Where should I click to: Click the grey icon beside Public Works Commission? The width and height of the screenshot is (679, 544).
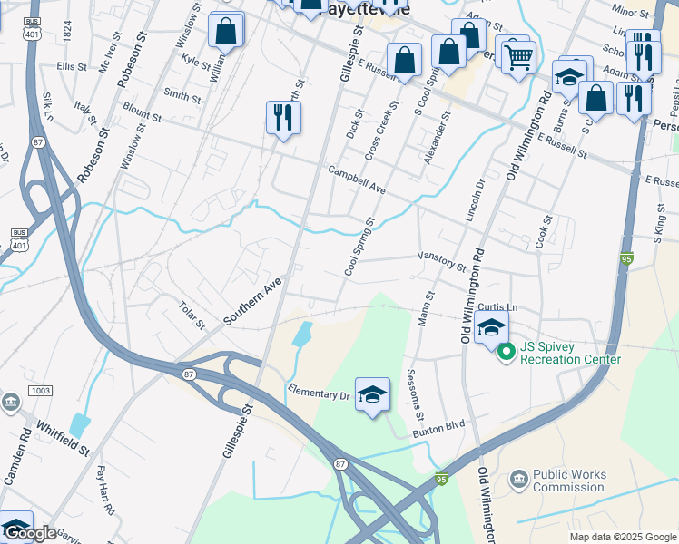pos(518,479)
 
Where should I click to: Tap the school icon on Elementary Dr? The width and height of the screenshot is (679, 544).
pos(372,394)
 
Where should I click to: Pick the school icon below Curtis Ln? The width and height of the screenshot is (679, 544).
pos(491,327)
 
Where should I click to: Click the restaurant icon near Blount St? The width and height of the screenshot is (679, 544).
pos(283,117)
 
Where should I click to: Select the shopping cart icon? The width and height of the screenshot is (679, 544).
pos(517,56)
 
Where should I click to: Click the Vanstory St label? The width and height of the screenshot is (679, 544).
pos(441,262)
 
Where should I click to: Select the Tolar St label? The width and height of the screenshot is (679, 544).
pos(193,316)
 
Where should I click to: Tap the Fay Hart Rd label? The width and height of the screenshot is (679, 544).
pos(105,491)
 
